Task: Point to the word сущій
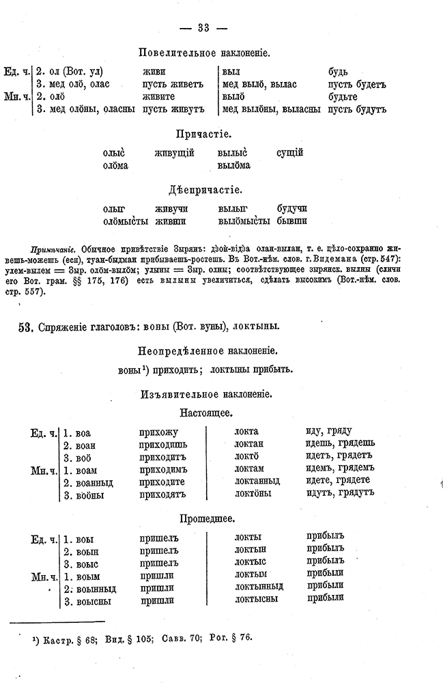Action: coord(290,153)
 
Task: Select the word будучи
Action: coord(291,208)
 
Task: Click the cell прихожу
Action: coord(158,432)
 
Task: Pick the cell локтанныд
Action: coord(257,481)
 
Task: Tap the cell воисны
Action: coord(91,601)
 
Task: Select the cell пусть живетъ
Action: coord(173,85)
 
